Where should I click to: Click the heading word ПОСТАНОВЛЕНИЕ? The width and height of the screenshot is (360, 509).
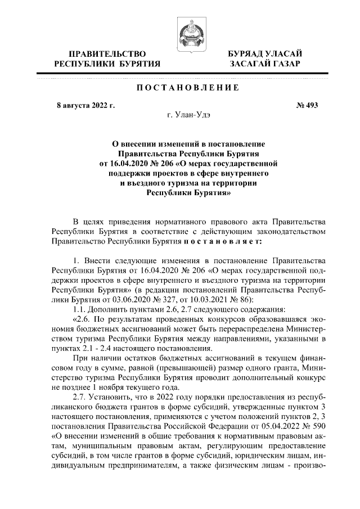click(185, 88)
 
